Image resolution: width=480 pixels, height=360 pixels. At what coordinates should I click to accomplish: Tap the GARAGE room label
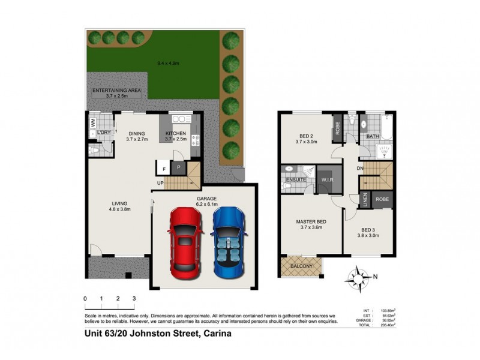point(205,199)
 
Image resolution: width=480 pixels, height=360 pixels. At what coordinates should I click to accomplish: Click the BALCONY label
point(301,265)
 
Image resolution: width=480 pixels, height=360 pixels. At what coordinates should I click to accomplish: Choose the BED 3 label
point(369,229)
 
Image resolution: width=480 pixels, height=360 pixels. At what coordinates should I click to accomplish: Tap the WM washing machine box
point(93,122)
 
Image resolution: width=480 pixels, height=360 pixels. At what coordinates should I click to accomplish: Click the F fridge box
point(164,170)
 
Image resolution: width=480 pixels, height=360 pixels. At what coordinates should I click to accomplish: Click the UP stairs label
point(160,183)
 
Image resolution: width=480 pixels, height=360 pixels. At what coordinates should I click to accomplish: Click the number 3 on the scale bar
point(134,298)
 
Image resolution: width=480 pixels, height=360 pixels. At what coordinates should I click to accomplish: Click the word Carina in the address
point(216,335)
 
